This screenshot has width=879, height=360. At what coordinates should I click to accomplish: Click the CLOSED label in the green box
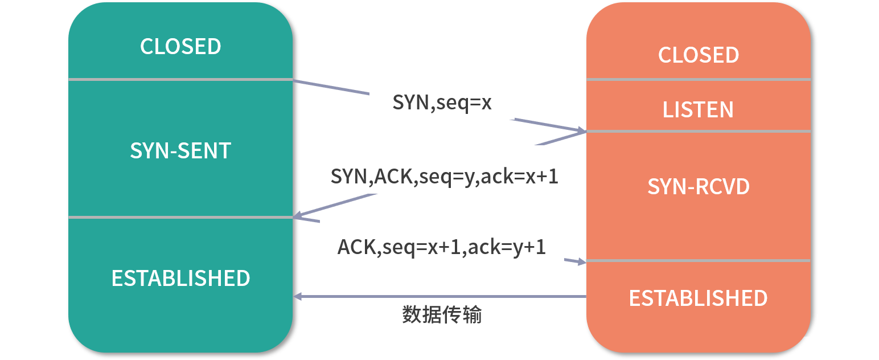180,46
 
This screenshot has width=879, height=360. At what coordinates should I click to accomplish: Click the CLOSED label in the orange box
699,55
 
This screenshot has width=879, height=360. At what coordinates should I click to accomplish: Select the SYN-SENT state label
180,151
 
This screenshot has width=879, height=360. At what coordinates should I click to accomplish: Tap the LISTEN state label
698,109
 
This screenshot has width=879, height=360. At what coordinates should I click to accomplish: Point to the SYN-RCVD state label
699,186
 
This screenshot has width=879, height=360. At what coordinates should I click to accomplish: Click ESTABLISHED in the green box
180,279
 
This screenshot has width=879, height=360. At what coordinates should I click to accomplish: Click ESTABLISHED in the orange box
699,298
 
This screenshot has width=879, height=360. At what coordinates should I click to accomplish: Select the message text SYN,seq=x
442,103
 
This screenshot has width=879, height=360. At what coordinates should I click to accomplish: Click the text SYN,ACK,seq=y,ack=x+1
444,177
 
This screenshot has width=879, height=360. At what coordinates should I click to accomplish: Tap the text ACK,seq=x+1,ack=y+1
441,247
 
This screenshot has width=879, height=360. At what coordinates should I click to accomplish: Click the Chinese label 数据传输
442,315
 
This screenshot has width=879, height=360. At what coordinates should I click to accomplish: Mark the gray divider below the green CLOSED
180,80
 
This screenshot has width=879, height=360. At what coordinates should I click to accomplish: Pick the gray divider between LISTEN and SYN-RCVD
699,131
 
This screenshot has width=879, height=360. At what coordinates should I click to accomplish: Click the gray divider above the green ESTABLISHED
180,217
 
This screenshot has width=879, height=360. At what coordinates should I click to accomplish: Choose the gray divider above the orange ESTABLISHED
699,261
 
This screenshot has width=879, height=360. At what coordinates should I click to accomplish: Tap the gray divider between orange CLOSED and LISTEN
699,80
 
